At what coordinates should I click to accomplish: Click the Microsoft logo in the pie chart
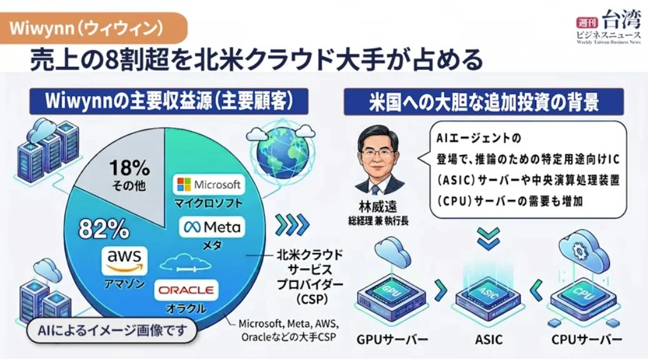209,184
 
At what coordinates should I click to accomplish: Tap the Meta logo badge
212,227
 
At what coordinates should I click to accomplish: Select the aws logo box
124,261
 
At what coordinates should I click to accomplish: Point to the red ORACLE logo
186,290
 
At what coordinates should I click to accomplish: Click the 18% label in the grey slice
129,168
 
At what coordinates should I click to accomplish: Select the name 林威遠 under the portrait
378,206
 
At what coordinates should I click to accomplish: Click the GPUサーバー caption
392,340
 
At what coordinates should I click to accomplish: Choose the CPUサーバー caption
587,340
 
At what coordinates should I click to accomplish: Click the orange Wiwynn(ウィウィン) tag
93,28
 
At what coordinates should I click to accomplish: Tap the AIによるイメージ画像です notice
112,331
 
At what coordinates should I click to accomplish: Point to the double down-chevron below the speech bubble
488,239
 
